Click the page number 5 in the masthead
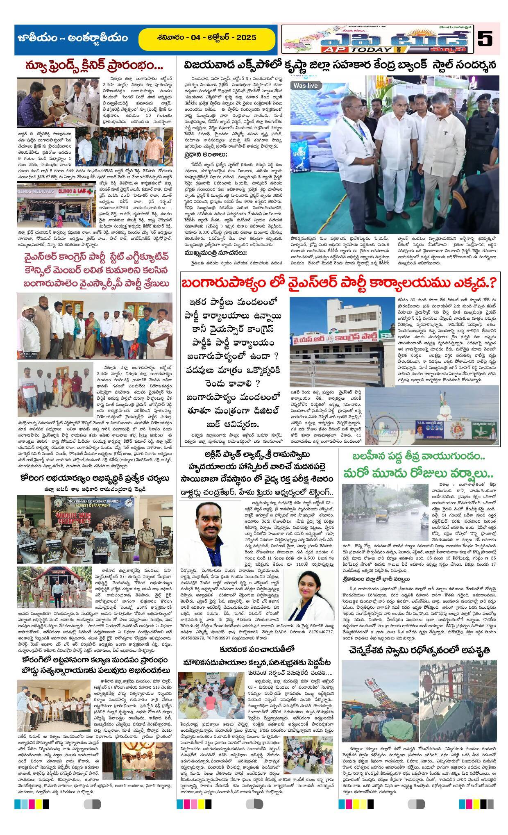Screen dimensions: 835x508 485,40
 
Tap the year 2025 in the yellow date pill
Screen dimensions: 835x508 245,38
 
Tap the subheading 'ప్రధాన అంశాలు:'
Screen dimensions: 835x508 205,155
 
